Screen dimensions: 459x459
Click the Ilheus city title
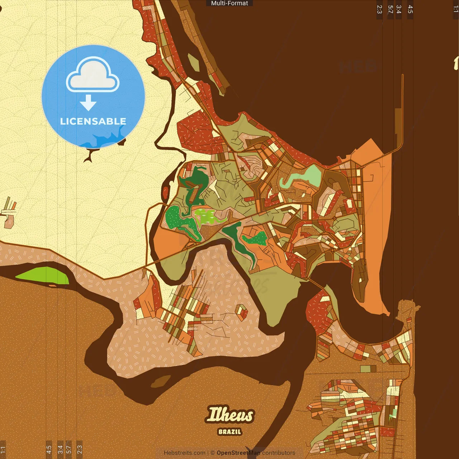[x=230, y=415]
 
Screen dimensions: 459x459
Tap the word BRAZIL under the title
[x=230, y=432]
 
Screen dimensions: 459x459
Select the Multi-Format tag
[x=229, y=3]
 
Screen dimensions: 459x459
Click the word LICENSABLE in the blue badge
[x=93, y=121]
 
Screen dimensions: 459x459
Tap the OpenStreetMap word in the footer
[x=238, y=453]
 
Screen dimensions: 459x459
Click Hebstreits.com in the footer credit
[x=184, y=453]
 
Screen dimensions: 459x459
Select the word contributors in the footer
[x=279, y=453]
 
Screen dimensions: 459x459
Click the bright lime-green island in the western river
[x=43, y=275]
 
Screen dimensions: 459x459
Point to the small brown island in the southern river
[x=161, y=382]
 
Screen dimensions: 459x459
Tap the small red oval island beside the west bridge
[x=166, y=193]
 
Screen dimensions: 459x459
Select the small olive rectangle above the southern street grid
[x=368, y=369]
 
